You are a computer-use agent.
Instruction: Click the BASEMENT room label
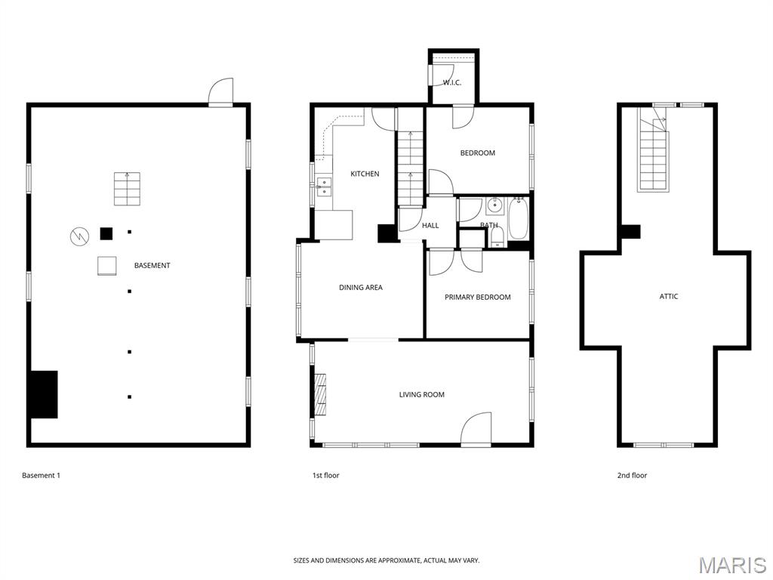point(152,265)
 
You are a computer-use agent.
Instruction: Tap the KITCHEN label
point(365,174)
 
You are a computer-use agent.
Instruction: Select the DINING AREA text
point(360,288)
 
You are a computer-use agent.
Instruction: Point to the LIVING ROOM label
point(421,394)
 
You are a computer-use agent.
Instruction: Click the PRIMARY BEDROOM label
point(477,297)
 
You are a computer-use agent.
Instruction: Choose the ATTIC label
point(669,296)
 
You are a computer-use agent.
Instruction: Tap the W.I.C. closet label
point(451,83)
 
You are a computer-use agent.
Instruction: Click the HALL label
point(430,225)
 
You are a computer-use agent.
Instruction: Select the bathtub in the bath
point(518,218)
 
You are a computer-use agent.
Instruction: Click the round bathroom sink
point(494,205)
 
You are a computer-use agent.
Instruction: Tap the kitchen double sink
point(324,187)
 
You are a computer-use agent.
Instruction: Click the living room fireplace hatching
point(320,394)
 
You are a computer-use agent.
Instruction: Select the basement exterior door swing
point(220,92)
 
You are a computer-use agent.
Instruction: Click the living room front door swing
point(476,429)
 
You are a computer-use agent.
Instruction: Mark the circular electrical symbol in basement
point(79,236)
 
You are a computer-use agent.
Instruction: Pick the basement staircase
point(127,189)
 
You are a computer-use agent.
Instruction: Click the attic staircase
point(654,149)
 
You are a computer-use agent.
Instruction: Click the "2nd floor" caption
point(632,476)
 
